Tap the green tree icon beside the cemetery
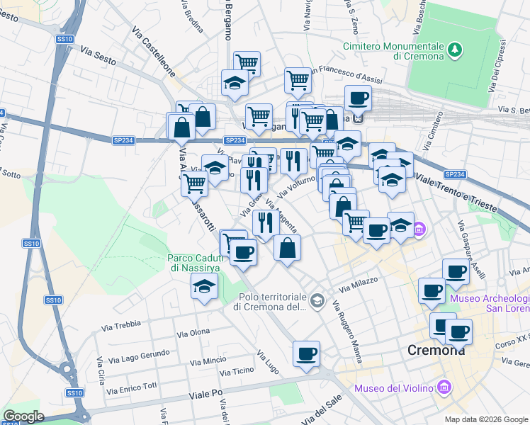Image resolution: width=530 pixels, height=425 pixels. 454,50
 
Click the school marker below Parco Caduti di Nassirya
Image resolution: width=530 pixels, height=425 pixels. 205,287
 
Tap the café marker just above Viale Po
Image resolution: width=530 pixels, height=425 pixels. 306,353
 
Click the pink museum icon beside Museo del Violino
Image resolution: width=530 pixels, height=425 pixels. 444,387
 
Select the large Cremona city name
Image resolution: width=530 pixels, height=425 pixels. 436,350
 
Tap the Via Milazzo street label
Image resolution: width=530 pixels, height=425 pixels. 359,285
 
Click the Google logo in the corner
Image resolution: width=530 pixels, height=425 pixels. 23,416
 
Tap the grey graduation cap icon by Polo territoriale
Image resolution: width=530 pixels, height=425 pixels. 317,302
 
